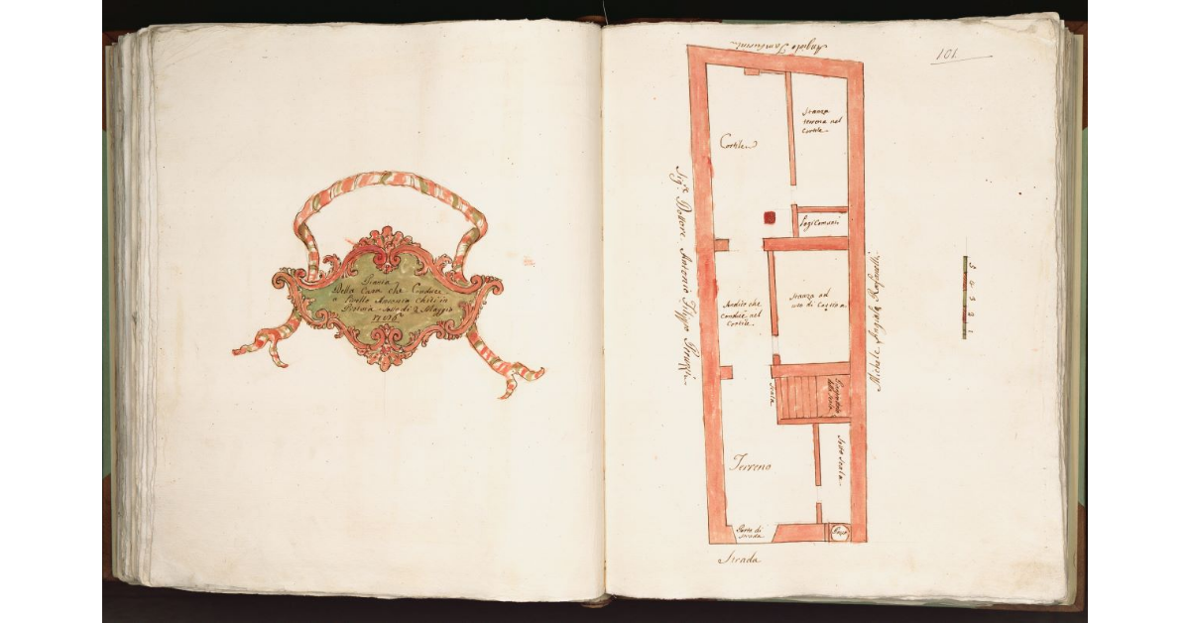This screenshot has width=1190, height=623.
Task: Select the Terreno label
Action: click(x=753, y=462)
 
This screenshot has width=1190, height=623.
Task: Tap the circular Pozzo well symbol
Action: click(x=837, y=533)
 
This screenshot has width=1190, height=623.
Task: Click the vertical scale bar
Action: click(x=965, y=298)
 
